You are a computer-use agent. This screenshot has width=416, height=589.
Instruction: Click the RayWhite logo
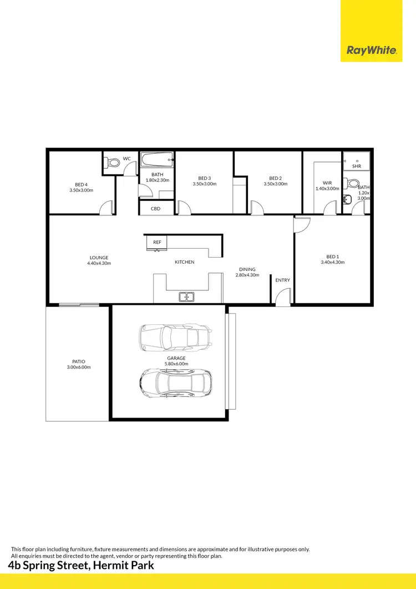(x=372, y=51)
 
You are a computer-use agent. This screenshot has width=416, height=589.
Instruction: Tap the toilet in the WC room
(x=113, y=163)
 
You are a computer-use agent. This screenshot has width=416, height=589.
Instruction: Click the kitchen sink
(x=186, y=297)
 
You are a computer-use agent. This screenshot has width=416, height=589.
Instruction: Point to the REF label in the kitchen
(x=157, y=243)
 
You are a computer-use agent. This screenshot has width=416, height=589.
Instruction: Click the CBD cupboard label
(x=156, y=209)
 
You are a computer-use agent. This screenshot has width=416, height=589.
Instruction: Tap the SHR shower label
(x=356, y=166)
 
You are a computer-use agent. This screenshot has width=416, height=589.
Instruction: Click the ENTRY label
(x=282, y=280)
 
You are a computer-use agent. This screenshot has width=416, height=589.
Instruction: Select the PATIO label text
(x=78, y=361)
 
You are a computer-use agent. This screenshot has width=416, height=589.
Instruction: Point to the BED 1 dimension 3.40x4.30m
(x=332, y=262)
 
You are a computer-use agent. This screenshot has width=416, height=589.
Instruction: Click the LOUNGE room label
(x=99, y=258)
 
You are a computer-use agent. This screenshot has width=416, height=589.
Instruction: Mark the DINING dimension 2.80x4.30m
(x=247, y=275)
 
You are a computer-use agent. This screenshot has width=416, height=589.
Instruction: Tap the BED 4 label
(x=82, y=185)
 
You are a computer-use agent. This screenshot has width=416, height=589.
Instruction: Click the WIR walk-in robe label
(x=327, y=183)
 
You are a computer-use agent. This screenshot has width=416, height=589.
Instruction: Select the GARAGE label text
(x=176, y=358)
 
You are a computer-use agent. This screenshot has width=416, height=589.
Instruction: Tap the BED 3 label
(x=205, y=178)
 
